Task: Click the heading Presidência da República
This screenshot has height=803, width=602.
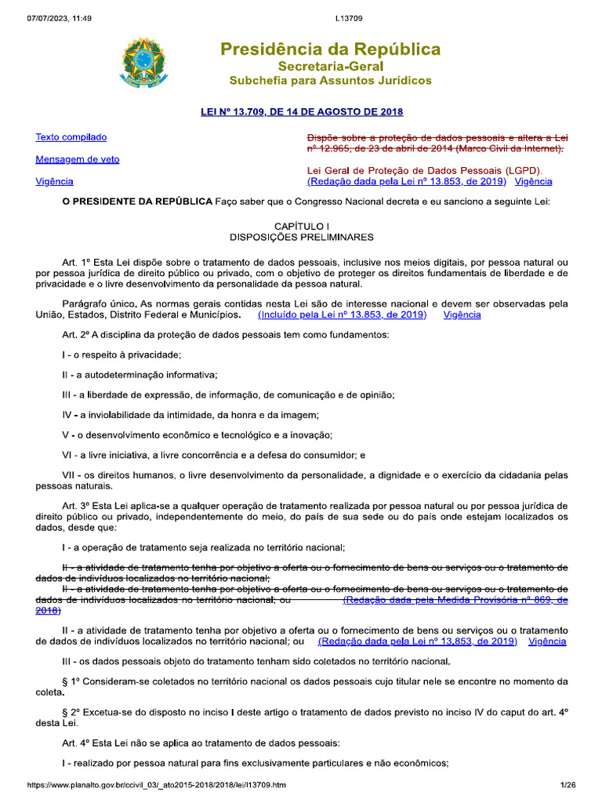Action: click(x=330, y=50)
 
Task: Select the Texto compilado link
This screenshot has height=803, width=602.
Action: click(x=71, y=137)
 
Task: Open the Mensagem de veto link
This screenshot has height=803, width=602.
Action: click(x=78, y=159)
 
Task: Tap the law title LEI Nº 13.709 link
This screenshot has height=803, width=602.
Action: click(x=302, y=111)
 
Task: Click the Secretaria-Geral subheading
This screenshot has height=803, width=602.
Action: click(x=330, y=67)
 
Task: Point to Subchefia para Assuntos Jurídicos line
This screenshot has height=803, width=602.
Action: click(x=330, y=81)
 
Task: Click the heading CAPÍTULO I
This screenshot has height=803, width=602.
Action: click(x=301, y=225)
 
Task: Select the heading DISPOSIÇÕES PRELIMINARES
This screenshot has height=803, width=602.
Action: click(x=301, y=236)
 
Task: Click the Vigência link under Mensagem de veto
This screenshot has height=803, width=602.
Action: click(x=55, y=181)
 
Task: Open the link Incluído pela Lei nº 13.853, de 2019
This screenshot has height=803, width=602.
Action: click(x=342, y=314)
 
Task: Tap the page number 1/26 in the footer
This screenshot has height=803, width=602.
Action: click(x=568, y=785)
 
